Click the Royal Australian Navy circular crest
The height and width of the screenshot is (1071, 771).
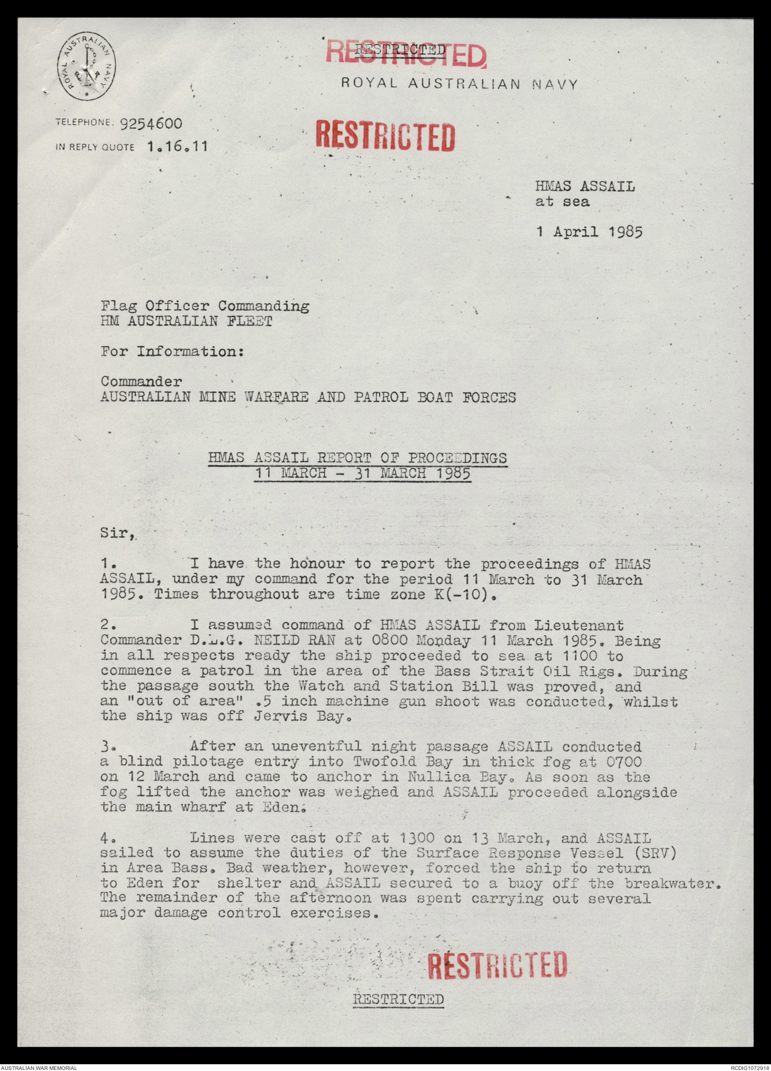coord(86,68)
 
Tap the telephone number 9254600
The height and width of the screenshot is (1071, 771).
coord(151,124)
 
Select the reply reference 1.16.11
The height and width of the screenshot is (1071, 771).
coord(177,147)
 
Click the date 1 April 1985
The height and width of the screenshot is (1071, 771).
coord(589,231)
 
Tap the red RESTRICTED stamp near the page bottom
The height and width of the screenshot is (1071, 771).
coord(496,965)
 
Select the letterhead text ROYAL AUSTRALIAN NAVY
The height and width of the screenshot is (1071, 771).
coord(459,84)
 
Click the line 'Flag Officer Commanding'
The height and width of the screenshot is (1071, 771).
coord(205,306)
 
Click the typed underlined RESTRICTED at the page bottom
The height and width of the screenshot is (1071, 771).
coord(398,999)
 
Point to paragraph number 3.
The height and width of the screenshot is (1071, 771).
coord(108,747)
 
